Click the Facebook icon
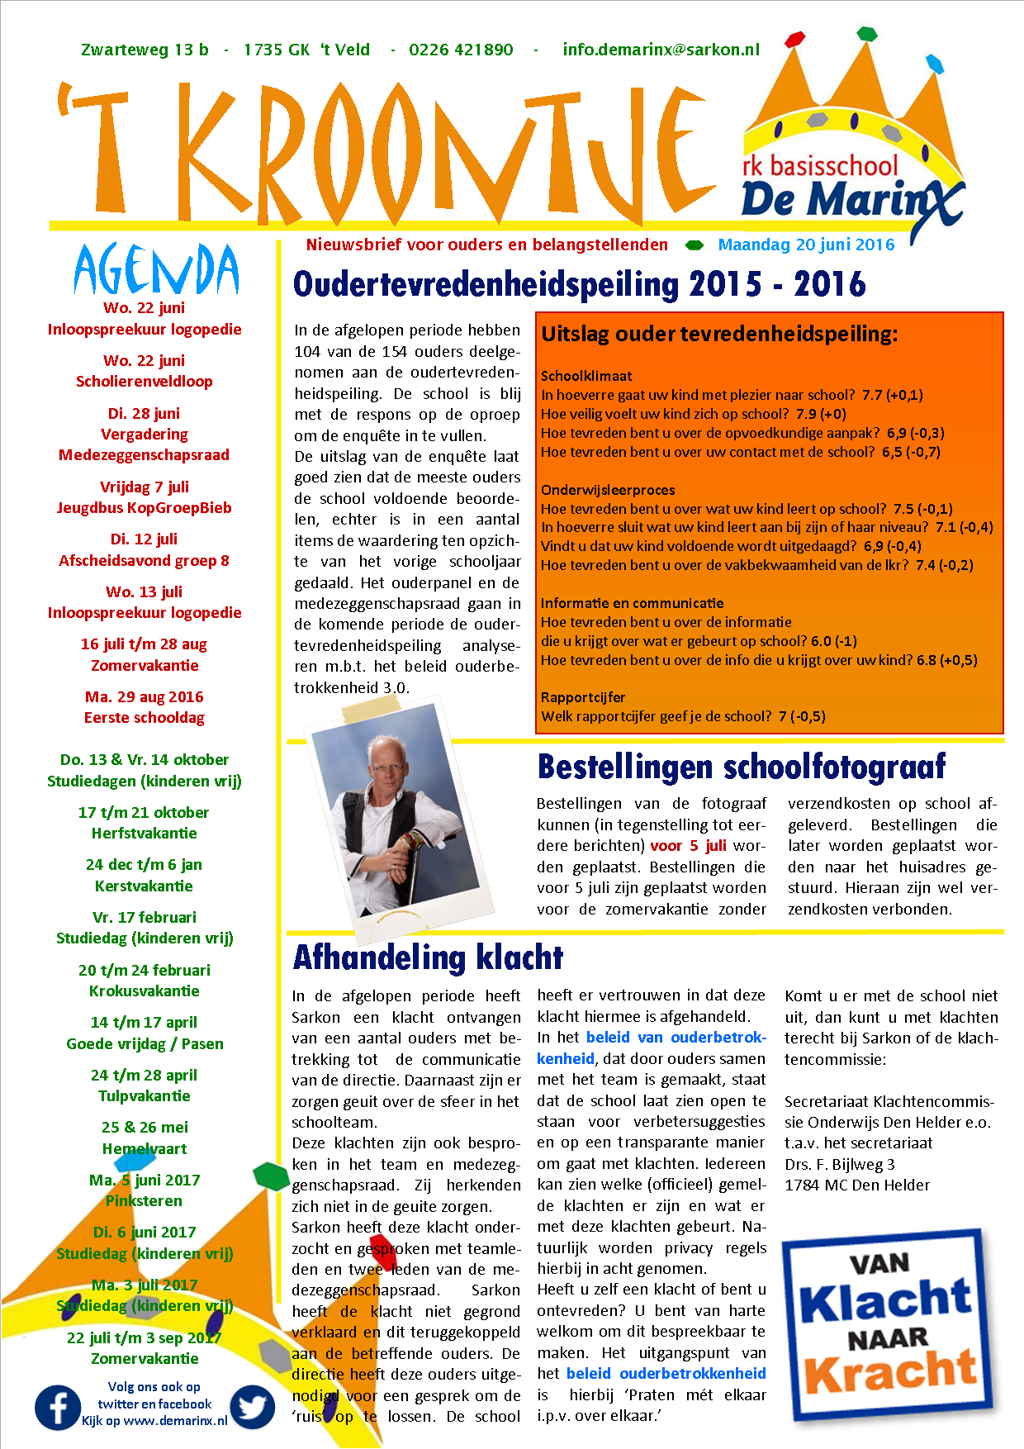pyautogui.click(x=58, y=1407)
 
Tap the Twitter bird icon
pyautogui.click(x=252, y=1407)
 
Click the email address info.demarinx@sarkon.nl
pyautogui.click(x=661, y=50)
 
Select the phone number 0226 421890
pyautogui.click(x=461, y=50)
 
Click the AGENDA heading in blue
pyautogui.click(x=156, y=270)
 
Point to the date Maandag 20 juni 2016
pyautogui.click(x=806, y=245)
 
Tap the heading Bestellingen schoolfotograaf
pyautogui.click(x=741, y=767)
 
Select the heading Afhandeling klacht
pyautogui.click(x=428, y=957)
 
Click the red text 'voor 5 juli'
pyautogui.click(x=688, y=845)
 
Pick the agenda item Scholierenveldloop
pyautogui.click(x=145, y=382)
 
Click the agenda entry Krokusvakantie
pyautogui.click(x=145, y=991)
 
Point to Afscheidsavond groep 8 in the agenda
pyautogui.click(x=145, y=561)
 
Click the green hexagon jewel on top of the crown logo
pyautogui.click(x=866, y=33)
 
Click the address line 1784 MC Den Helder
pyautogui.click(x=856, y=1185)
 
